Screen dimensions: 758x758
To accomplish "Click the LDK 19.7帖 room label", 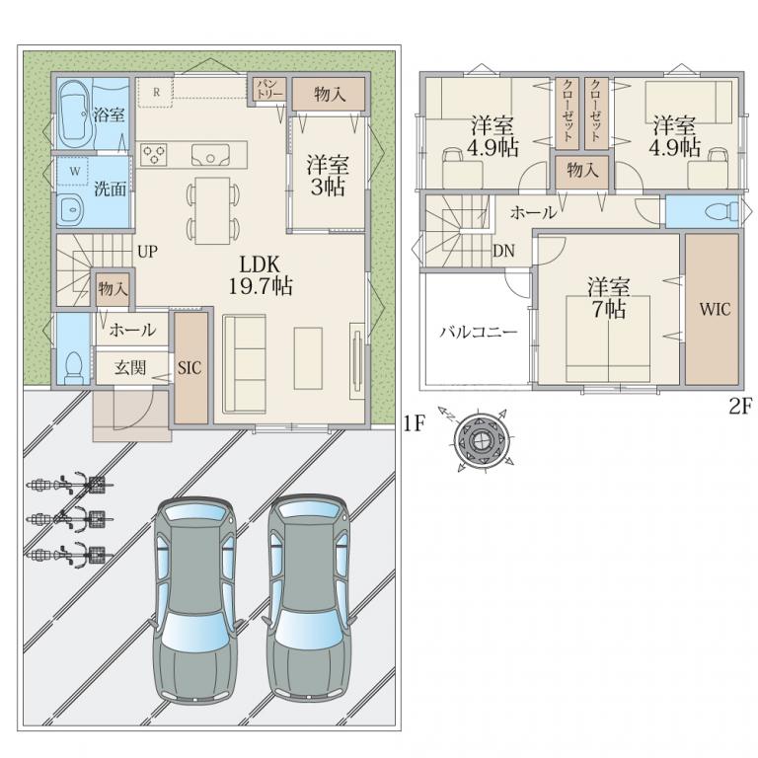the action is coord(260,275).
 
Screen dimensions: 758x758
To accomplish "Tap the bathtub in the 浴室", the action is coord(74,114).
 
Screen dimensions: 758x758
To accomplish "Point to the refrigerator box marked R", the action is coord(156,92).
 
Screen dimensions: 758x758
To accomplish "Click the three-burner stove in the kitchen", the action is coord(154,155).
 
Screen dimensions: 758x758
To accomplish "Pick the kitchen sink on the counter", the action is coord(210,155).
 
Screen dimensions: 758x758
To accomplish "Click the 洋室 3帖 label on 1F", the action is coord(328,176).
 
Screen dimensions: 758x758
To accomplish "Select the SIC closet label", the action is coord(189,368).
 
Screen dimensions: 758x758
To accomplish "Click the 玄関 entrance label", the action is coord(130,367).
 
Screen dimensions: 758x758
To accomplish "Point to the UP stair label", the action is coord(147,252).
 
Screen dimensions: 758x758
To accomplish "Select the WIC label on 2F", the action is coord(715,309).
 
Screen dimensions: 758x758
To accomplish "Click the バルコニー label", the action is coord(479,333).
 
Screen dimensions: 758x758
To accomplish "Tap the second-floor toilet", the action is coord(721,211).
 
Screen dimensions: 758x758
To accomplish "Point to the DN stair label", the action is coord(503,251).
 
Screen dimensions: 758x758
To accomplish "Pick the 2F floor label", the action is coord(739,407).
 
